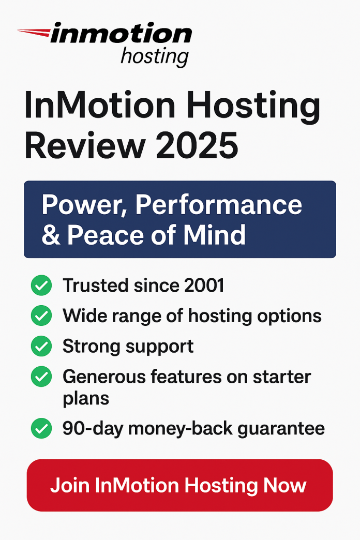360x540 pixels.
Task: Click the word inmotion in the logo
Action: pos(122,34)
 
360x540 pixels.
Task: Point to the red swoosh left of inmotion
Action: pos(34,33)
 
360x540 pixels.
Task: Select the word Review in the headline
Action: pos(83,145)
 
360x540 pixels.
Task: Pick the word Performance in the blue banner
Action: pos(219,205)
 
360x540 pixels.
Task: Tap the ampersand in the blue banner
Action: pos(51,234)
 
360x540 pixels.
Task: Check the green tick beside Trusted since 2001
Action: pos(41,286)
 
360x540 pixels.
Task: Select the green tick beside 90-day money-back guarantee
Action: pos(41,429)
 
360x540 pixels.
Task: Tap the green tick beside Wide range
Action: pos(41,316)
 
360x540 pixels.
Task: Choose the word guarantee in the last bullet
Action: pos(282,429)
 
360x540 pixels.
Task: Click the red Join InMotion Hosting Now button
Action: pos(179,485)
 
